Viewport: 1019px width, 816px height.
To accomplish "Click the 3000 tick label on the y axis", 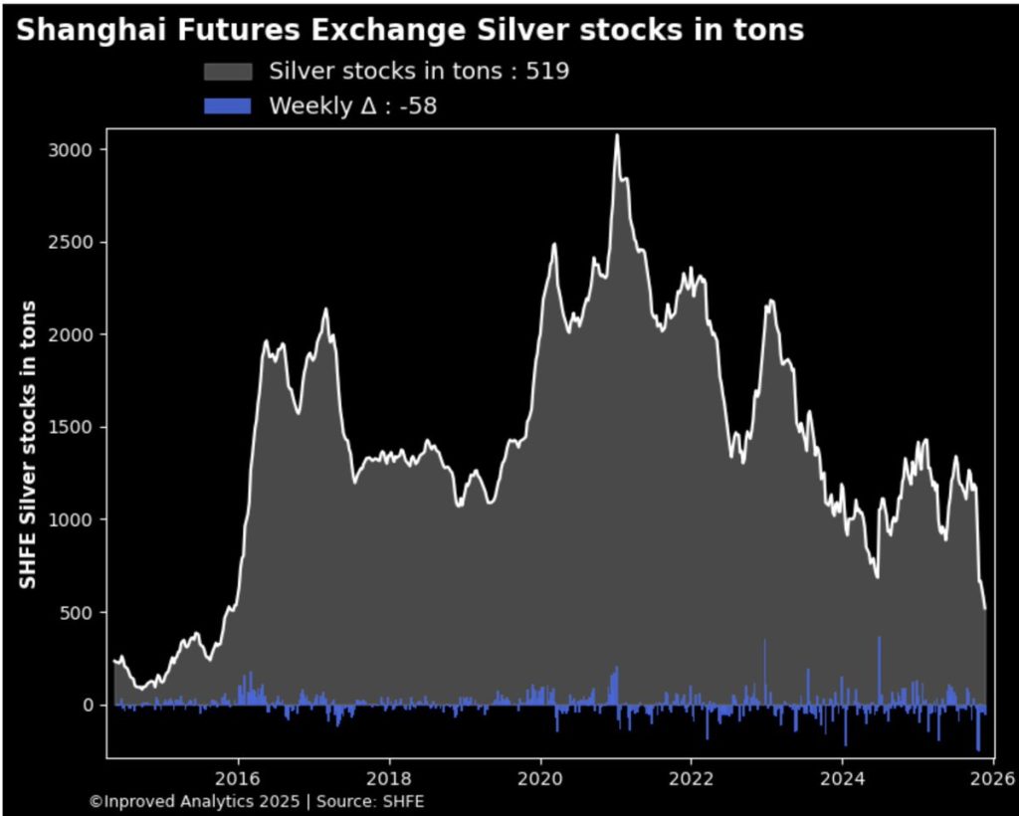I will pyautogui.click(x=73, y=149).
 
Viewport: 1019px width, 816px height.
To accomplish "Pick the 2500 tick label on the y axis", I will pyautogui.click(x=73, y=242).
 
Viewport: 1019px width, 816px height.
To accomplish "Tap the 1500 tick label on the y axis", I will pyautogui.click(x=73, y=427).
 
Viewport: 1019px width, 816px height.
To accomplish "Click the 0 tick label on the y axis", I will pyautogui.click(x=88, y=705).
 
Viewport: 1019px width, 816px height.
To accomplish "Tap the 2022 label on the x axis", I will pyautogui.click(x=692, y=777).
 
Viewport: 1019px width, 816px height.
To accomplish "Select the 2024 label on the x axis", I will pyautogui.click(x=843, y=777).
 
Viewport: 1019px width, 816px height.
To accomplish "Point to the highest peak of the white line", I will pyautogui.click(x=617, y=135).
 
